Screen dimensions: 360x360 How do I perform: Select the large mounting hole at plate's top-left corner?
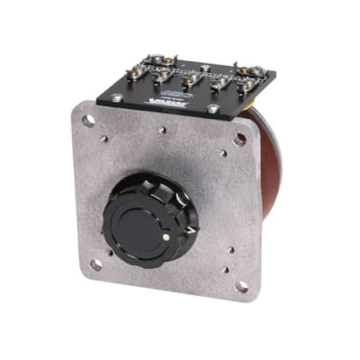pyautogui.click(x=88, y=119)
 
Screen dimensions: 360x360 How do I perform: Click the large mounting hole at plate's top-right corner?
pyautogui.click(x=240, y=139)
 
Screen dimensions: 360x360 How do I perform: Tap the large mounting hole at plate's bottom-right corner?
pyautogui.click(x=241, y=286)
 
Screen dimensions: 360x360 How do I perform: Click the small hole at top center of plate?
pyautogui.click(x=163, y=130)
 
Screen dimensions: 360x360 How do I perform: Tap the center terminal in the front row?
pyautogui.click(x=189, y=84)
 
